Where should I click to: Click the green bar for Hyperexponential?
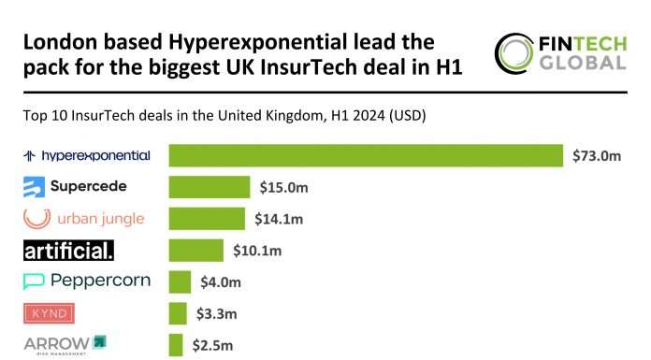(365, 155)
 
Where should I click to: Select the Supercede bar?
(209, 187)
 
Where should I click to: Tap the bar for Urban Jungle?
(207, 219)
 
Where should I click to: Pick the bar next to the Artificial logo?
(195, 251)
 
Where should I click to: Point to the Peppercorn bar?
(180, 281)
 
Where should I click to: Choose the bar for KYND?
(178, 312)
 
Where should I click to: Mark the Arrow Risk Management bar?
(175, 343)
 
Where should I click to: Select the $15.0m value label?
(284, 188)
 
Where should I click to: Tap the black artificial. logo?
(68, 251)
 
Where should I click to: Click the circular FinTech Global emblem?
(514, 54)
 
